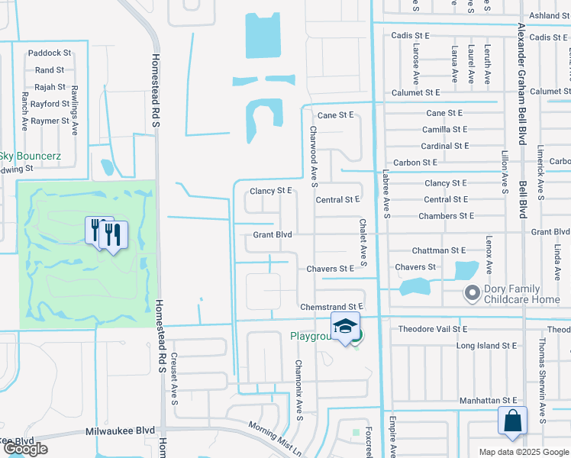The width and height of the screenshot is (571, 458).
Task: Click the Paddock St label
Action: (x=49, y=53)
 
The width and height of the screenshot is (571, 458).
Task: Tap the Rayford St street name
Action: (x=50, y=104)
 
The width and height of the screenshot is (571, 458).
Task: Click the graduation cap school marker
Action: (x=345, y=326)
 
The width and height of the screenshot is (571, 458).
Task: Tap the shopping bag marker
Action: (x=512, y=421)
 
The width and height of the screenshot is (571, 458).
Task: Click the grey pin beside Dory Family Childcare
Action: (x=471, y=292)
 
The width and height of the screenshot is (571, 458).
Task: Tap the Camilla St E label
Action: (x=445, y=130)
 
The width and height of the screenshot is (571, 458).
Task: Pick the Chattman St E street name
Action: (x=438, y=250)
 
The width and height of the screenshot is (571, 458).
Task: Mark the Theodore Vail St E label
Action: (x=433, y=329)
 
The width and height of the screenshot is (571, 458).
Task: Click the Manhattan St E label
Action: (x=488, y=401)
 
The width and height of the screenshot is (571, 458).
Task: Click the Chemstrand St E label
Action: (x=331, y=306)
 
